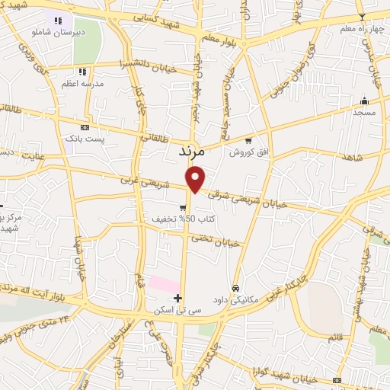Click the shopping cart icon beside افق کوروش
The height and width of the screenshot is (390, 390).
248,140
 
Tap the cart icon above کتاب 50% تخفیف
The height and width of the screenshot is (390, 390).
184,207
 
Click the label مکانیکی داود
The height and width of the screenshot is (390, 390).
237,300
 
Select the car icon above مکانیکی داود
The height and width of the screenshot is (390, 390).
237,289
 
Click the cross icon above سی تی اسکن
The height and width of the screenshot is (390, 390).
178,298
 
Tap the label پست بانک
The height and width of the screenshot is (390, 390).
85,139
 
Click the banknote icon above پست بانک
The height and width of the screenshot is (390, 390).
85,127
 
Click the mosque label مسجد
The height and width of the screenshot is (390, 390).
364,112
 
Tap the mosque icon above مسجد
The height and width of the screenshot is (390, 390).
364,100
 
